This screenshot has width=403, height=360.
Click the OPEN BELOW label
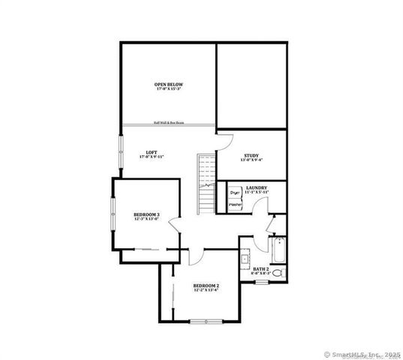point(168,84)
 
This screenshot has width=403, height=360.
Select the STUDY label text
point(250,156)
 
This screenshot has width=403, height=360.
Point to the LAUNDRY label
point(257,189)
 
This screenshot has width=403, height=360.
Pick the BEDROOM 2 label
point(206,286)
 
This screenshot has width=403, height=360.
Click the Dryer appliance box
point(235,192)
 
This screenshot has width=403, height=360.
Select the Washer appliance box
point(235,204)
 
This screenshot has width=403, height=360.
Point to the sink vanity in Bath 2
point(245,261)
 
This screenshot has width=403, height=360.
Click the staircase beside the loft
point(205,184)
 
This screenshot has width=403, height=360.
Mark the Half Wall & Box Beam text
point(169,122)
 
